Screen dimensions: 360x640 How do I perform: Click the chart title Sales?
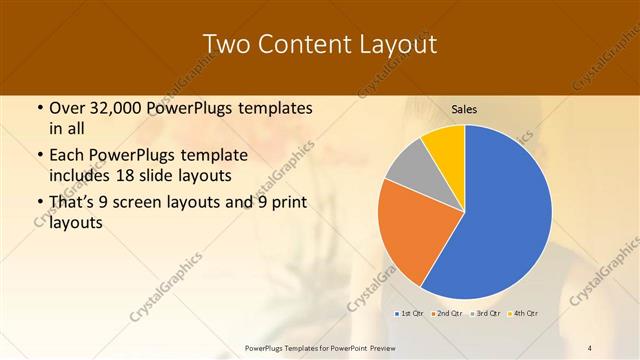464,109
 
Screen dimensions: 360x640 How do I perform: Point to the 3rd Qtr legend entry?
485,314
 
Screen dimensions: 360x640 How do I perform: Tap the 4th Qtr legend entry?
523,314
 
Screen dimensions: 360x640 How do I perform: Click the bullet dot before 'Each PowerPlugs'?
39,156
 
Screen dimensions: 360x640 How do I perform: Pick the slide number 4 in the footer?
590,347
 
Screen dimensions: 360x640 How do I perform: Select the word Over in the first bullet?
68,108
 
